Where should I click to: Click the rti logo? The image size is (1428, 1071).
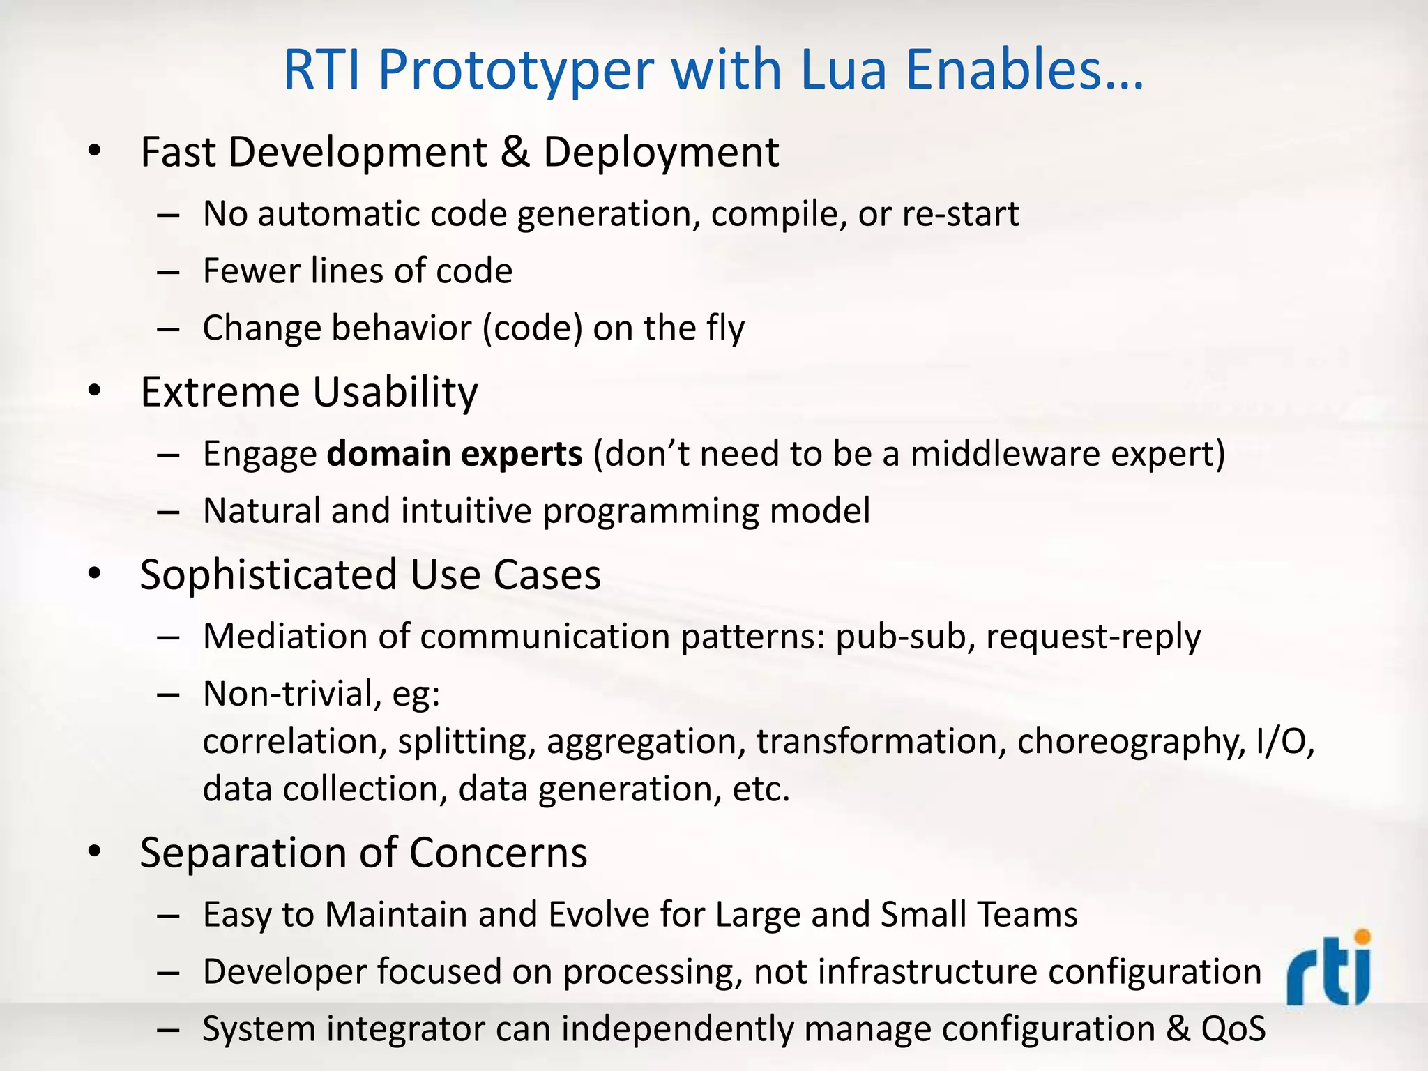click(x=1329, y=969)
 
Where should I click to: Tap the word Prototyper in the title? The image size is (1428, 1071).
click(x=516, y=70)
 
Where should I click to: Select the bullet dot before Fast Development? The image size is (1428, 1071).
click(x=95, y=151)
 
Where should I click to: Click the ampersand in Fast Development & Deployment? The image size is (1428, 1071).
click(x=515, y=152)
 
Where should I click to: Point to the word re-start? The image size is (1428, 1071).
click(x=960, y=213)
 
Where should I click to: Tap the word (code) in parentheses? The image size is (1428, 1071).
click(x=532, y=328)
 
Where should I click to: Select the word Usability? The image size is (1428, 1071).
click(x=395, y=392)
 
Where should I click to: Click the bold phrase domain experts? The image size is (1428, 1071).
click(x=455, y=454)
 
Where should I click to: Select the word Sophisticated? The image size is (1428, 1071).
click(x=268, y=575)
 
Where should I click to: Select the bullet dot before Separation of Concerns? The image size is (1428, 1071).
click(x=95, y=852)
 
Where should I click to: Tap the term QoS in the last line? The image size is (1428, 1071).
click(x=1233, y=1029)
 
